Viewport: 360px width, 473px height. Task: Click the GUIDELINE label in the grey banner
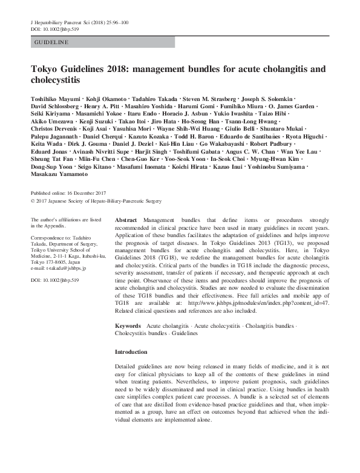(51, 43)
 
